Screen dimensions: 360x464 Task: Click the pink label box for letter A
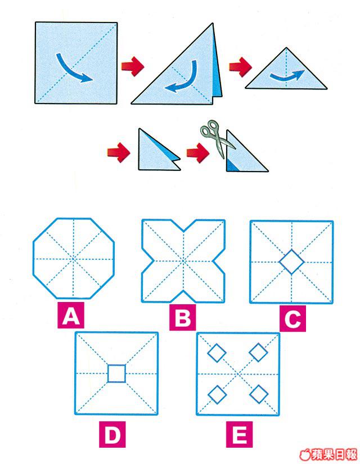[x=71, y=315]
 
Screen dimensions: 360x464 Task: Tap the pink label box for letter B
[x=182, y=317]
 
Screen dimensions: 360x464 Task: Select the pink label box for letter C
[x=292, y=318]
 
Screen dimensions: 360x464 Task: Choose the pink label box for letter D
[x=112, y=434]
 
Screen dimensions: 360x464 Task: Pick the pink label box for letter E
[x=239, y=434]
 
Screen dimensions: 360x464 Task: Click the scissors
[x=218, y=138]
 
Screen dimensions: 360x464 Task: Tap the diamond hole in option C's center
[x=291, y=262]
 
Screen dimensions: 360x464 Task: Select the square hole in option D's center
[x=116, y=373]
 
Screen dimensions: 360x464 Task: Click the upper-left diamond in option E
[x=217, y=353]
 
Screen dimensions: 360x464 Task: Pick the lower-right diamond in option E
[x=259, y=394]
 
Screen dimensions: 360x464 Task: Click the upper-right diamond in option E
[x=258, y=353]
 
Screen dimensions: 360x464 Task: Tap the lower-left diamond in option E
[x=217, y=394]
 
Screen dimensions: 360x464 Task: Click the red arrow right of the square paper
[x=133, y=66]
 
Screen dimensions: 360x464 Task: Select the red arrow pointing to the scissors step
[x=198, y=152]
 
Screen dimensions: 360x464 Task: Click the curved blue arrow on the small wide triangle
[x=286, y=75]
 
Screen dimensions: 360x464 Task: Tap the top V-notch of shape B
[x=183, y=231]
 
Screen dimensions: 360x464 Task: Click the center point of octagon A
[x=74, y=259]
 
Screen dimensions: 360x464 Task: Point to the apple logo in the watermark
[x=305, y=454]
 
